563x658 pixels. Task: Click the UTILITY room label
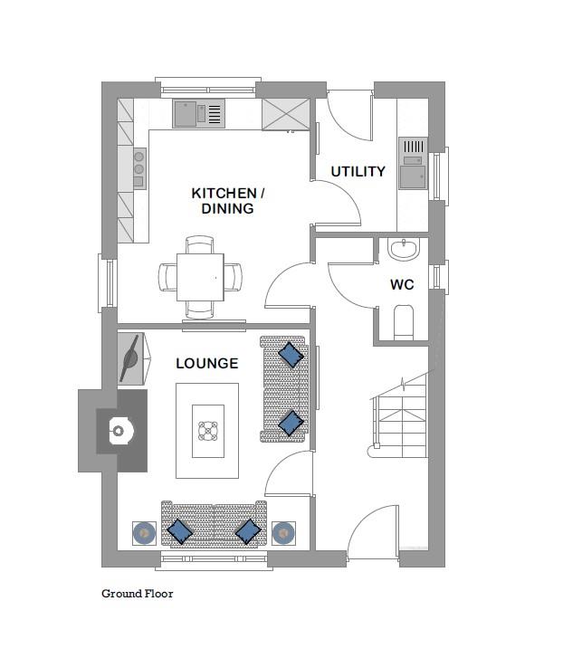(x=358, y=171)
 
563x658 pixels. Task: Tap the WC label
(x=402, y=284)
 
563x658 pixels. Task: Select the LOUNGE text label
(x=206, y=363)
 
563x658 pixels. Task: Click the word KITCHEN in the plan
(x=224, y=193)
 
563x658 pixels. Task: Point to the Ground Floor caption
(x=138, y=594)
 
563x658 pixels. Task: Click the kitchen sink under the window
(x=198, y=113)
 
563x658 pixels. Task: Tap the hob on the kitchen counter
(x=139, y=168)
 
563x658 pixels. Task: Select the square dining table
(x=200, y=277)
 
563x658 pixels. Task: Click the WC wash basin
(x=403, y=249)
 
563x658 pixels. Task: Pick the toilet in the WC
(x=404, y=322)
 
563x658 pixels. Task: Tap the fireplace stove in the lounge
(x=121, y=430)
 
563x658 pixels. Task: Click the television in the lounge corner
(x=134, y=358)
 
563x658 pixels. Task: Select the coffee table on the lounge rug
(x=207, y=431)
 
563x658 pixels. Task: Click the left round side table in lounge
(x=144, y=533)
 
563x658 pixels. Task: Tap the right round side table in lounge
(x=283, y=533)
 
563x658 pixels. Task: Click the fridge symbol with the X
(x=286, y=114)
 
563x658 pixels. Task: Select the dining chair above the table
(x=200, y=244)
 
